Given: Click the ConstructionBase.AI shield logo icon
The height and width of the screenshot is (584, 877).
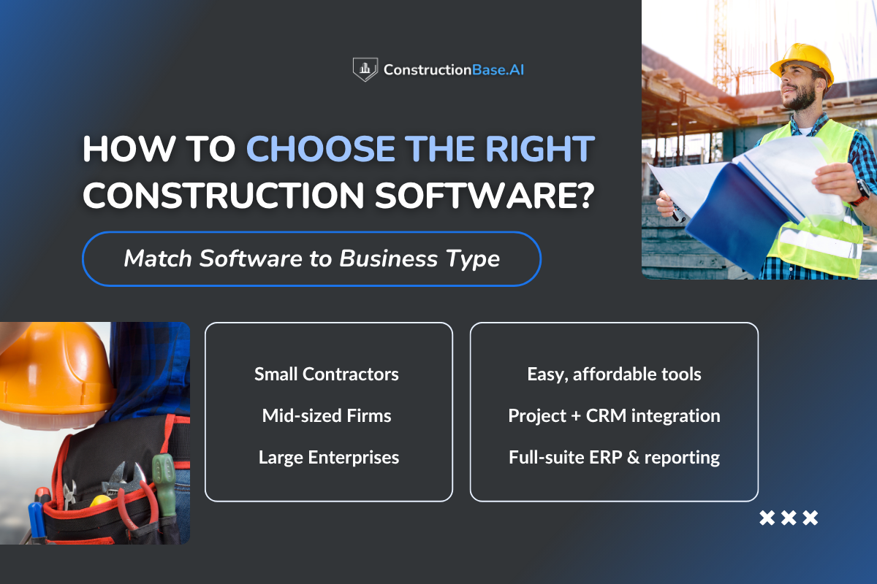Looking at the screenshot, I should tap(364, 70).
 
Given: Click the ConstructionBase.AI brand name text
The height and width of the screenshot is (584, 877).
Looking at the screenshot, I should tap(453, 70).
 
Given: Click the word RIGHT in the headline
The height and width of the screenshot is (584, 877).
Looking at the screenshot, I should tap(544, 149).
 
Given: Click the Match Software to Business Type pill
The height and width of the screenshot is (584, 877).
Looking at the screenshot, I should tap(311, 258).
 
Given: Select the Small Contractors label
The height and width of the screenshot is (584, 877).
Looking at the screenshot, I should tap(327, 374).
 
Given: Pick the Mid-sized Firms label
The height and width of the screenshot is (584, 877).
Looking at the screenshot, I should tap(327, 416).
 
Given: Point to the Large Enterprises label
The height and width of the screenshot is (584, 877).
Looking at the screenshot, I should tap(329, 458).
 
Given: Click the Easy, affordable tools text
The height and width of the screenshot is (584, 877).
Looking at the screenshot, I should tap(614, 374).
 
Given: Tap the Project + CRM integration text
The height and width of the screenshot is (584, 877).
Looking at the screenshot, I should tap(614, 416).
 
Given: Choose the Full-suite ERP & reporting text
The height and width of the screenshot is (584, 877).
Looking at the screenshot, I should tap(614, 458).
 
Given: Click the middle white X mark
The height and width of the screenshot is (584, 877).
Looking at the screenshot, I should tap(789, 518).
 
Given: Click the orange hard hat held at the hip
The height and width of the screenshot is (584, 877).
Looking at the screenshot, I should tap(51, 372).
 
